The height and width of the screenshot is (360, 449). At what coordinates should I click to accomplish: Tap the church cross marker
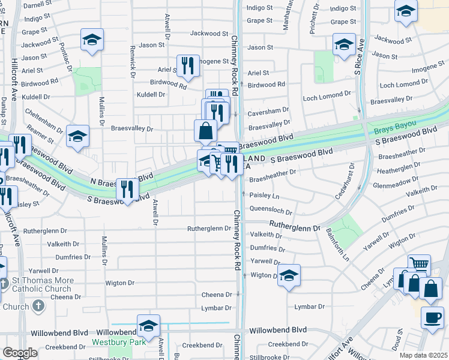tap(38, 307)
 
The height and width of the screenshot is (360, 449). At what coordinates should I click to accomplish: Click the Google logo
tap(20, 353)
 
